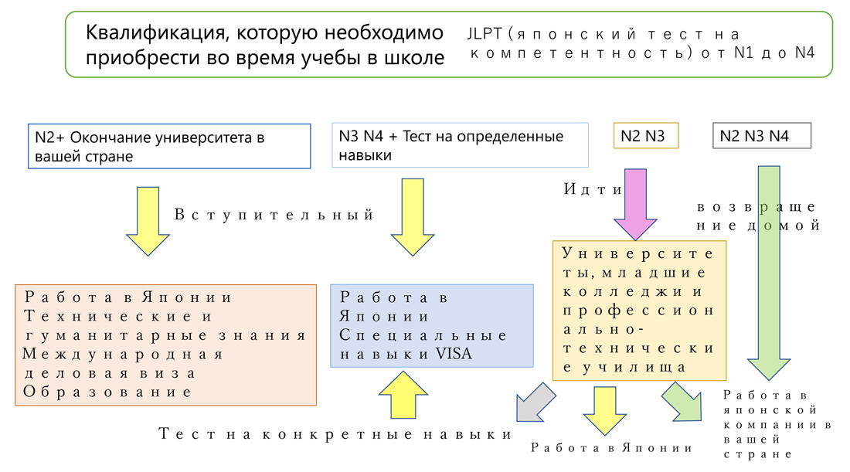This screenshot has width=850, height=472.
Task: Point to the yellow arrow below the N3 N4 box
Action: click(413, 216)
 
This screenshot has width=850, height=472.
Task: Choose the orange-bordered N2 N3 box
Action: click(644, 136)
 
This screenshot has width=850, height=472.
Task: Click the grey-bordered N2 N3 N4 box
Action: click(761, 136)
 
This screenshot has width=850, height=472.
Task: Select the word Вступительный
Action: click(274, 215)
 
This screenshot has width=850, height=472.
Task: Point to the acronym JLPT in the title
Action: click(484, 34)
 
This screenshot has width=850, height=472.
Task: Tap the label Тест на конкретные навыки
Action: click(335, 433)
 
